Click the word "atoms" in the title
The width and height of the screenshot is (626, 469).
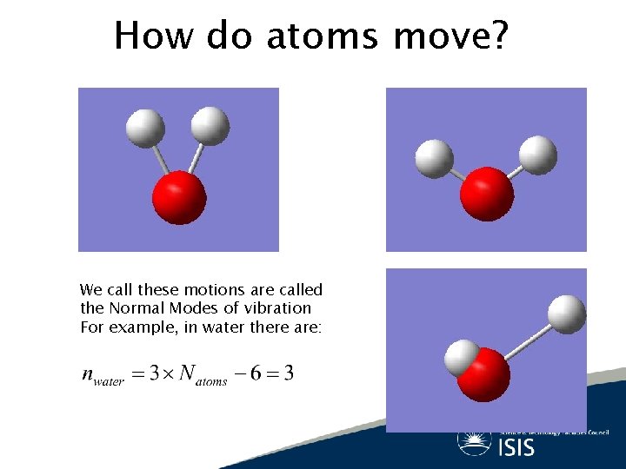point(324,36)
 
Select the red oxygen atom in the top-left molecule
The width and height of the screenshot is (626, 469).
point(179,197)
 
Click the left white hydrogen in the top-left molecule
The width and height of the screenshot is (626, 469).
point(144,128)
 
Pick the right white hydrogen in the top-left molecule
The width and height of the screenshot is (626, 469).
point(209,125)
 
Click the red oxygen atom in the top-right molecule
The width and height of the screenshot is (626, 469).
point(487,194)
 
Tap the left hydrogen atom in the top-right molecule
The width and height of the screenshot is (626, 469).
point(434,158)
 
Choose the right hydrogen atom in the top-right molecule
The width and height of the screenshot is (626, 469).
point(538,155)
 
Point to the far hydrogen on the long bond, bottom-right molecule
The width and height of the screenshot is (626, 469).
point(568,313)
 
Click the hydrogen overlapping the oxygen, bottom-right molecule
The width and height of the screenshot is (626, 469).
point(461,357)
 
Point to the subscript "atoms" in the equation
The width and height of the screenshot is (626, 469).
point(211,380)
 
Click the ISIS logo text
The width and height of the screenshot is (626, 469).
point(516,446)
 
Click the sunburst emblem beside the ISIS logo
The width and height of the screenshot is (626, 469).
point(474,441)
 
